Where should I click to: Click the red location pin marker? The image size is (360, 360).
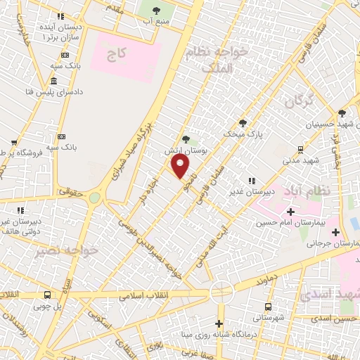click(181, 166)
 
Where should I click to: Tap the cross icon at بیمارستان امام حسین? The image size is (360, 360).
click(291, 212)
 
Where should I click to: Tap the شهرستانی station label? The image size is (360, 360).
click(271, 318)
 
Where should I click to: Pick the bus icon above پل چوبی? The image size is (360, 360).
click(47, 295)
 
